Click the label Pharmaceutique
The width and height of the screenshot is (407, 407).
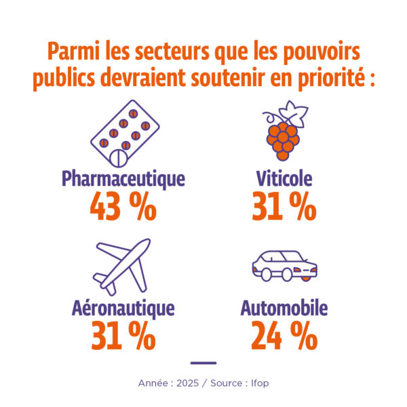[123, 179]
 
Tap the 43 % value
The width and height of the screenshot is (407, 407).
[123, 208]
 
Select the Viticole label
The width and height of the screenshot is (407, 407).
[284, 179]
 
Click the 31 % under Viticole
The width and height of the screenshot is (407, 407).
[284, 208]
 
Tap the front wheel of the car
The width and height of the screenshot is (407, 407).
[267, 274]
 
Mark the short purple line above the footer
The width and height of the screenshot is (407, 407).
[203, 363]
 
